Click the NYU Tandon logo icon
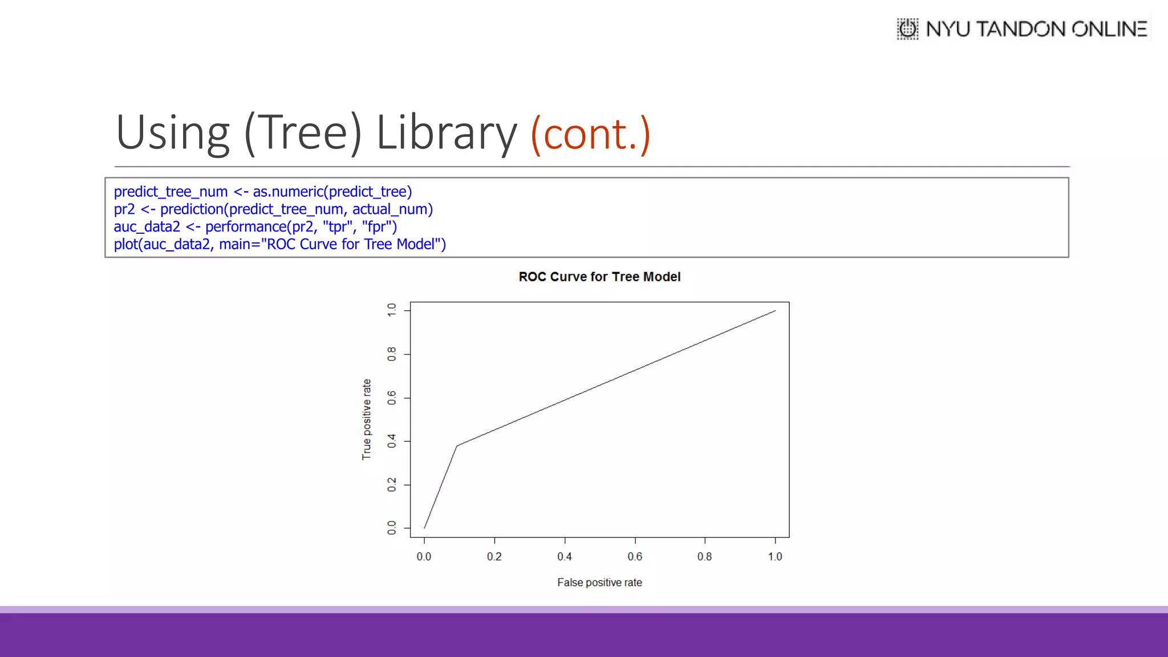click(x=907, y=29)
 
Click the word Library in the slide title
click(x=446, y=133)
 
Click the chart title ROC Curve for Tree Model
click(x=599, y=277)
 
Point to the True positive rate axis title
click(x=367, y=419)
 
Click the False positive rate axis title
click(x=599, y=582)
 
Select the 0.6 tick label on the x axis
click(x=635, y=557)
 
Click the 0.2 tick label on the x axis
click(x=494, y=557)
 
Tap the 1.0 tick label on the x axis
click(x=775, y=557)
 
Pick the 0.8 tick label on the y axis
click(x=392, y=354)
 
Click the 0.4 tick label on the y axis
click(x=392, y=441)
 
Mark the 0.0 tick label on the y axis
click(x=392, y=528)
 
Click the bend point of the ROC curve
click(x=457, y=446)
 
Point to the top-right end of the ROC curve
click(x=775, y=311)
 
